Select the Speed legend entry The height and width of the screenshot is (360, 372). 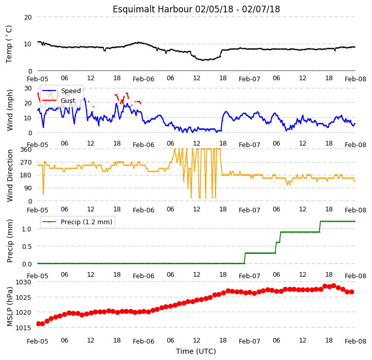tap(61, 91)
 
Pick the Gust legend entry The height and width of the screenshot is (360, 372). tap(59, 101)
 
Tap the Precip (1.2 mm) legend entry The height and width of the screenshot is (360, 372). tap(77, 222)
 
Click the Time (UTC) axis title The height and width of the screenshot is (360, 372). tap(196, 351)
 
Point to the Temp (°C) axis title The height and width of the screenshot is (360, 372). tap(9, 44)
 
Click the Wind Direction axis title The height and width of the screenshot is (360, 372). tap(9, 175)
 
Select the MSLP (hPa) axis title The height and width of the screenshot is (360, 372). tap(9, 307)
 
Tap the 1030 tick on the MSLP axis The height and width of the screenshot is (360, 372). tap(23, 282)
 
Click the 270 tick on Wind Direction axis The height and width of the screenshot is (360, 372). tap(26, 163)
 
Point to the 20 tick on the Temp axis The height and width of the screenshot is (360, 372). tap(28, 17)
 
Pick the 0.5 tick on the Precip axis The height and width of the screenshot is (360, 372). tap(27, 247)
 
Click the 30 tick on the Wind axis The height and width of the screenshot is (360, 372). tap(28, 88)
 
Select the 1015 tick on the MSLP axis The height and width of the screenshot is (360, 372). tap(23, 328)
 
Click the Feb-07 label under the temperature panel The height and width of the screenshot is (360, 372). tap(250, 79)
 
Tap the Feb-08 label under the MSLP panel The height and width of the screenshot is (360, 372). tap(356, 341)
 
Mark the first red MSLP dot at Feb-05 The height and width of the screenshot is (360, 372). tap(38, 323)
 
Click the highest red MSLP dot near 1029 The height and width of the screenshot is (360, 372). tap(334, 286)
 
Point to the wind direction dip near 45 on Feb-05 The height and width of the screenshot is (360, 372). tap(43, 194)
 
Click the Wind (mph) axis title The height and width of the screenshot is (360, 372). tap(9, 110)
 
